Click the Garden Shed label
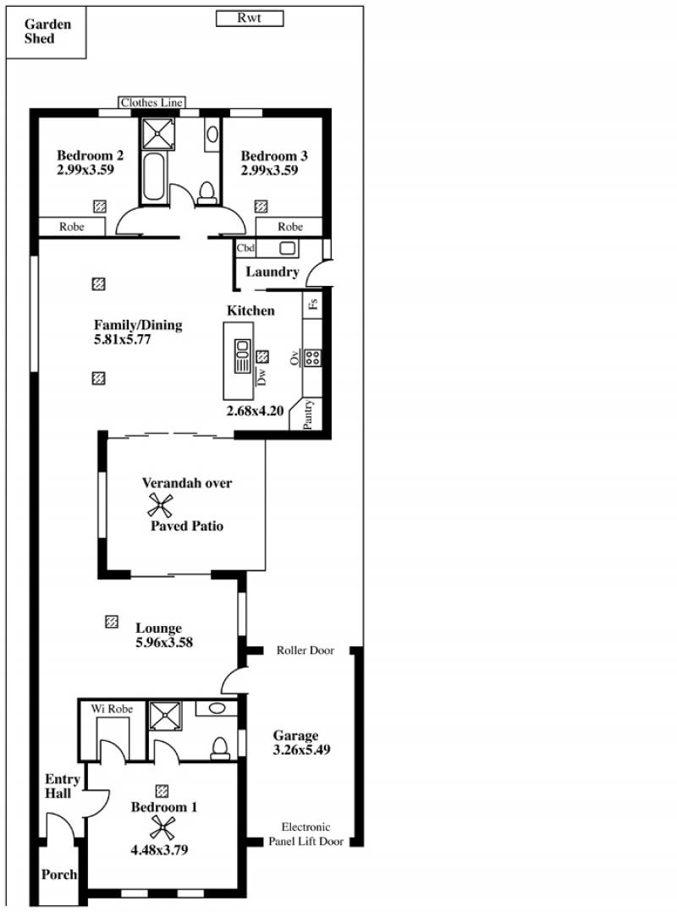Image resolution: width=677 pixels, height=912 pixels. tap(47, 31)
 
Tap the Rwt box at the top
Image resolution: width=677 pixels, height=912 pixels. tap(250, 19)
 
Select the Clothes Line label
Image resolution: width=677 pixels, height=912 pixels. tap(151, 102)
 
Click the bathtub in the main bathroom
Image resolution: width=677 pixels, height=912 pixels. tap(154, 177)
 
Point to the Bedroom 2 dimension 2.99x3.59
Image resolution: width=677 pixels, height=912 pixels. tap(85, 170)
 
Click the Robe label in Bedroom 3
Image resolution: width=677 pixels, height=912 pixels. tap(290, 227)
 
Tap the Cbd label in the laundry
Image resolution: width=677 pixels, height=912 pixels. tap(245, 248)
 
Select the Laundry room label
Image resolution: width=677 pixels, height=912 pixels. tap(272, 272)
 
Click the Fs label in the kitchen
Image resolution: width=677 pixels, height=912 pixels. tap(313, 303)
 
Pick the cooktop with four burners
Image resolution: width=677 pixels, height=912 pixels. tap(312, 358)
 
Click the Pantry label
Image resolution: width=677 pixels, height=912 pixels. tap(308, 414)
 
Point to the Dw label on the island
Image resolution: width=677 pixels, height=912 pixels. tap(261, 376)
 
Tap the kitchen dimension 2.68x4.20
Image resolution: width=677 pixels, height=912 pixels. tap(255, 410)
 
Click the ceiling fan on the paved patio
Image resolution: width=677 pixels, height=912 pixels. tap(160, 505)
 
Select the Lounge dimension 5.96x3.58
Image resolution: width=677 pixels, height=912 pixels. tap(164, 643)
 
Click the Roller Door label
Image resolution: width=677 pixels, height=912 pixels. tap(305, 651)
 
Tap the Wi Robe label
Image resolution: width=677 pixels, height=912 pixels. tap(112, 709)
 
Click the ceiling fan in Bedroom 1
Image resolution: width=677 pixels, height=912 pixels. tap(162, 828)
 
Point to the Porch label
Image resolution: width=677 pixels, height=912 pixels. tap(58, 874)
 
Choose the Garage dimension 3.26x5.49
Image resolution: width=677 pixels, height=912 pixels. tap(301, 750)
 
